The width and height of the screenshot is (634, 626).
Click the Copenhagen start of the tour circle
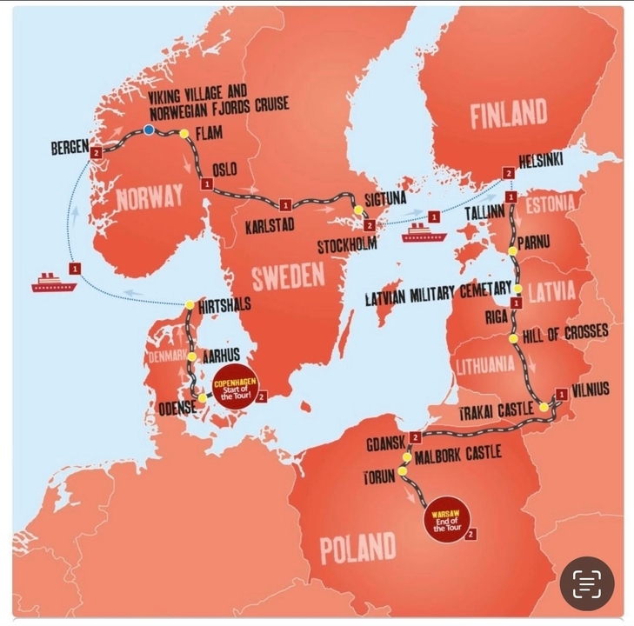coord(232,385)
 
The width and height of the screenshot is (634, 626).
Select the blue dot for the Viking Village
coord(149,130)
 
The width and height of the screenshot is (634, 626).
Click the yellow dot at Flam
coord(184,133)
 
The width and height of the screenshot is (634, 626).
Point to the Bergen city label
coord(69,149)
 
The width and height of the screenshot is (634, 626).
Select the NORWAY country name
coord(150,196)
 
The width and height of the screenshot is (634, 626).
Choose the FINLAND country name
coord(509,115)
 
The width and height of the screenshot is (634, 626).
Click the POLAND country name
coord(357,548)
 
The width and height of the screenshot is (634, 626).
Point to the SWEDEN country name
coord(288,277)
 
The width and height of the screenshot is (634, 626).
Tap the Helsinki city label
coord(540,162)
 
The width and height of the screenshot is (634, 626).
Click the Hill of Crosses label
coord(565,333)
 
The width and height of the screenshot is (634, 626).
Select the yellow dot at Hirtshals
coord(190,304)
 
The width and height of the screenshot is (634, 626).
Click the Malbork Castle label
coord(458,454)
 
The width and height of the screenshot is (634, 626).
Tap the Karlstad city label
coord(269,225)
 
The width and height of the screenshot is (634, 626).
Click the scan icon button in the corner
coord(587,583)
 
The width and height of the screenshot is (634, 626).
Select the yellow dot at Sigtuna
coord(358,210)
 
